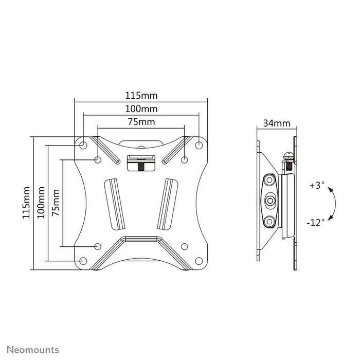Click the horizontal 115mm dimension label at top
tap(141, 95)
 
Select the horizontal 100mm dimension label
tap(141, 109)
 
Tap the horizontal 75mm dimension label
tap(141, 122)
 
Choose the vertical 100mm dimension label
tap(41, 203)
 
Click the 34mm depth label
tap(276, 123)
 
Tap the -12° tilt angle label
tap(315, 222)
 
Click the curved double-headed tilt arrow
tap(334, 204)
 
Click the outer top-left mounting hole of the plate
tap(83, 146)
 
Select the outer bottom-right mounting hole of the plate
tap(199, 261)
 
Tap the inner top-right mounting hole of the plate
tap(184, 160)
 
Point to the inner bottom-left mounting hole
tap(98, 246)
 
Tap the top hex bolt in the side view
tap(269, 182)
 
